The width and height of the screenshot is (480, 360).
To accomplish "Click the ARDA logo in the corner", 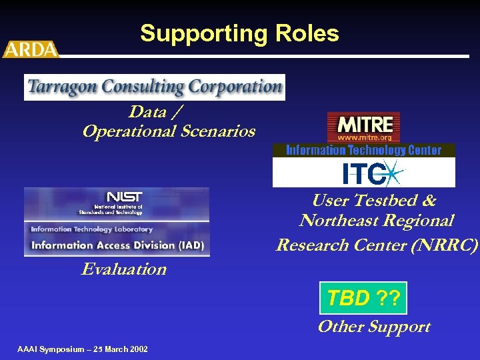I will click(31, 49).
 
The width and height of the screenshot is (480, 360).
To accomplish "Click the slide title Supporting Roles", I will click(239, 33).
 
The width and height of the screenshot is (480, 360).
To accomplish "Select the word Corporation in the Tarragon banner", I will click(235, 87).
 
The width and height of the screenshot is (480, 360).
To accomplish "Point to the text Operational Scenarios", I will click(169, 131).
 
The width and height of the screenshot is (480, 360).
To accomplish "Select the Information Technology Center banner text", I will click(363, 150).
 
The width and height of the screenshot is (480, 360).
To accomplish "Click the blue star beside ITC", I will click(393, 175).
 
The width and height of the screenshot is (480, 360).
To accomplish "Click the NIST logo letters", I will click(124, 197).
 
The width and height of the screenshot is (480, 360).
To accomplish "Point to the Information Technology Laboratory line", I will click(91, 229).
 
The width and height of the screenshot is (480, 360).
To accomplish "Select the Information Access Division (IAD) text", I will click(117, 245).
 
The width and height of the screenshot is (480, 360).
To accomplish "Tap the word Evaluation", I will click(124, 269).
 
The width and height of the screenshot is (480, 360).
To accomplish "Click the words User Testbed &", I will click(374, 201).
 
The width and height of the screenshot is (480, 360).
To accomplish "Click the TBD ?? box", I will click(363, 298).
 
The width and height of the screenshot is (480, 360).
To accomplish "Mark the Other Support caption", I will click(373, 327).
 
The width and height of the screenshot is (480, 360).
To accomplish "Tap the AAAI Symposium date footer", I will click(83, 349).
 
